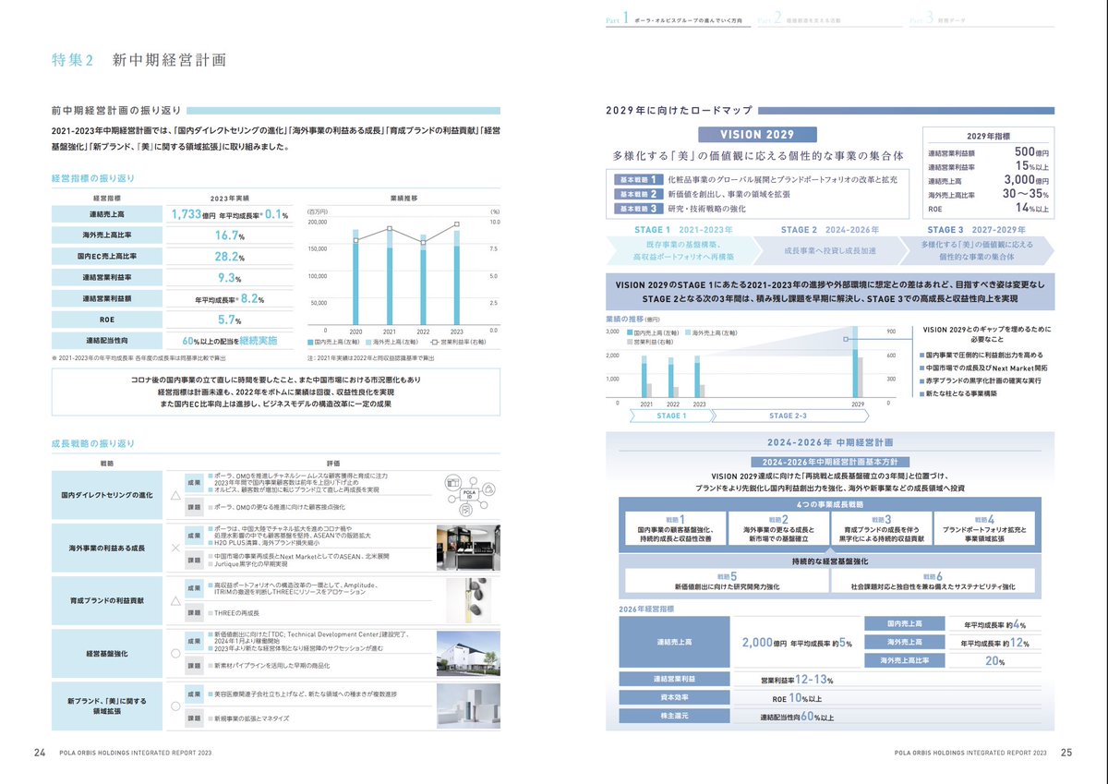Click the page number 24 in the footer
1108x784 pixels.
[40, 752]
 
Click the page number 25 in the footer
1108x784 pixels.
[1066, 752]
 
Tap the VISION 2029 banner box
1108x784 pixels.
[757, 135]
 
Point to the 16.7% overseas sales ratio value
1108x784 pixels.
[228, 235]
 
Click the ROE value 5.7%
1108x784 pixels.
[227, 320]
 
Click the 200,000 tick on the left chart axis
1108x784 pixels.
[318, 223]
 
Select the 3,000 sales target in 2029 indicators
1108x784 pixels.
[1024, 181]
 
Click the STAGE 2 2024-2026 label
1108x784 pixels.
[830, 229]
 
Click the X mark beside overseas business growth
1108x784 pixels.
[175, 548]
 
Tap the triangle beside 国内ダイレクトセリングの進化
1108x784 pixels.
[175, 495]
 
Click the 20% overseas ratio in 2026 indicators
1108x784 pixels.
[993, 661]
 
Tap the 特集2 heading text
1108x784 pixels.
[73, 61]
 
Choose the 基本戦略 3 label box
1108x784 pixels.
[638, 209]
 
